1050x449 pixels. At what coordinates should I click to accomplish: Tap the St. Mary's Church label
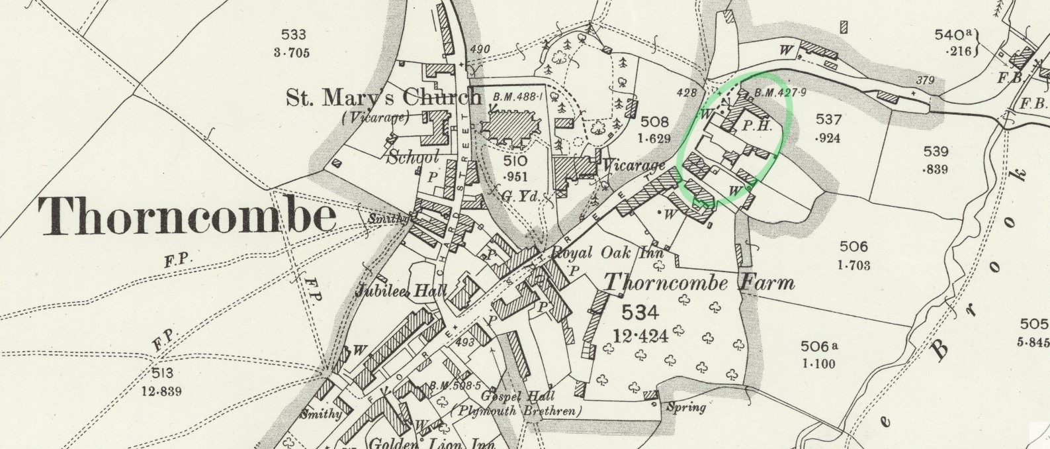tap(384, 97)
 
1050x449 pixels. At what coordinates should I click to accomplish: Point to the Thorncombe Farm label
tap(699, 283)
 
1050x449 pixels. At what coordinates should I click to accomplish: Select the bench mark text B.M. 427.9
tap(780, 93)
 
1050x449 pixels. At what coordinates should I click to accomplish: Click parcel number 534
tap(640, 313)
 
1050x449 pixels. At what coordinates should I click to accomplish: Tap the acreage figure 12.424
tap(640, 336)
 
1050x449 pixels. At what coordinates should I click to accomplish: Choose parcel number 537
tap(828, 119)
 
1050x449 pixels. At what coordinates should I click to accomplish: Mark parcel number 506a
tap(818, 346)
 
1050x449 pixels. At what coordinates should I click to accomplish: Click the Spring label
tap(685, 407)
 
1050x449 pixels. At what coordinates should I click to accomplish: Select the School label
tap(413, 157)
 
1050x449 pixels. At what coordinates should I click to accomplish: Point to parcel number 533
tap(293, 35)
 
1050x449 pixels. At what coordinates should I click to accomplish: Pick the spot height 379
tap(925, 81)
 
